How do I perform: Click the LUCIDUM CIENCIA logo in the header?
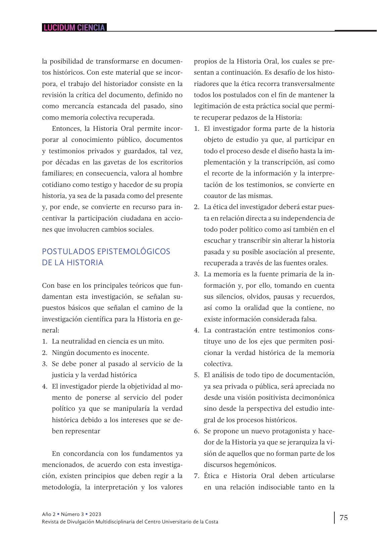click(x=74, y=28)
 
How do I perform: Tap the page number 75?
click(x=344, y=517)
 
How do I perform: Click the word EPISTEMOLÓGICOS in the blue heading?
click(x=133, y=251)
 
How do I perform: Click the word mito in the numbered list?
click(x=155, y=341)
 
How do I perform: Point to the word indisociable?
click(x=276, y=487)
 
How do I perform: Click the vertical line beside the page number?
click(x=334, y=518)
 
